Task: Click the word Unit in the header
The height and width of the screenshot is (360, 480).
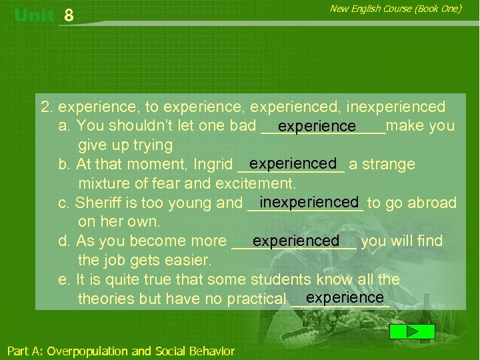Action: click(x=34, y=15)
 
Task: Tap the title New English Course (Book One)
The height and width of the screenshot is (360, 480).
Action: click(x=395, y=9)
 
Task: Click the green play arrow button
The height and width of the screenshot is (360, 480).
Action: click(x=412, y=331)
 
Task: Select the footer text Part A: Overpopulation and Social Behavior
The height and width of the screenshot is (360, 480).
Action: click(x=121, y=351)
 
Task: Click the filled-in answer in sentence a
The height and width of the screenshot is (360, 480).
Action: click(x=317, y=126)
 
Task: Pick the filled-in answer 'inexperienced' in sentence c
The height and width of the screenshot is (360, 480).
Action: click(x=309, y=202)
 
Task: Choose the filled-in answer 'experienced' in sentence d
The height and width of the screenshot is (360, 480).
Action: click(x=296, y=241)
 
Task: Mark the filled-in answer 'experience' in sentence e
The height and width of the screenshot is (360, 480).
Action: click(x=345, y=297)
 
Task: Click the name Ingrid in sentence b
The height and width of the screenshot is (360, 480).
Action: click(x=213, y=165)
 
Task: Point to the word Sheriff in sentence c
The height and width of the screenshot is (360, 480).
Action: click(x=98, y=203)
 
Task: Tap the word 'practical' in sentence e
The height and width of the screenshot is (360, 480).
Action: click(x=256, y=299)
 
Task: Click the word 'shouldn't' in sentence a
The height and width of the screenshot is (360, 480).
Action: click(x=139, y=126)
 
